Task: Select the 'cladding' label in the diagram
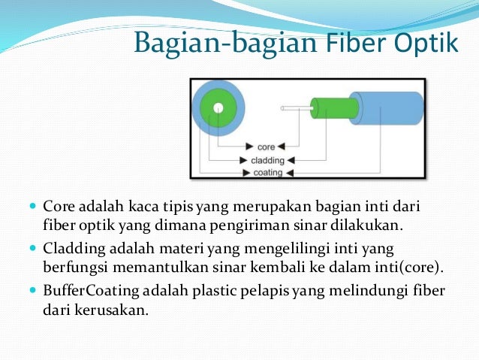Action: tap(267, 159)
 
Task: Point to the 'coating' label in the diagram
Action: tap(267, 172)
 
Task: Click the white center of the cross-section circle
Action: tap(217, 108)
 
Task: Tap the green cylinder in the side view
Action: tap(331, 108)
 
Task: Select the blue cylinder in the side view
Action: tap(390, 108)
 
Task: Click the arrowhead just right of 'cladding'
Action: tap(291, 160)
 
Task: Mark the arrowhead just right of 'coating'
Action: tap(290, 173)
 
